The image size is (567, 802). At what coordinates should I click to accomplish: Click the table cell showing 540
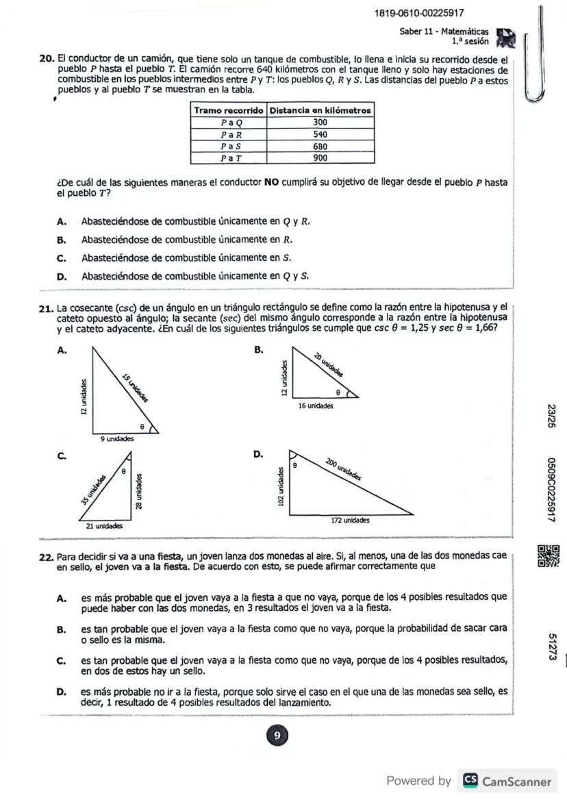(320, 134)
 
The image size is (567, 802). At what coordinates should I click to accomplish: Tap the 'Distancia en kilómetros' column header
(320, 110)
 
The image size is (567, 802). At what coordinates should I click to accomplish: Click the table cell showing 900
(320, 158)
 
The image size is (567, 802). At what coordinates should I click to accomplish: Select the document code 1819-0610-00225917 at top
(419, 14)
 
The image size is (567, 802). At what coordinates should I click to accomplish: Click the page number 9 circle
(277, 736)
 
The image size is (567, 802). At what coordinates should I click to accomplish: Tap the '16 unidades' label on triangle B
(316, 406)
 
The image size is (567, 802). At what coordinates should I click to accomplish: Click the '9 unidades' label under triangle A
(117, 439)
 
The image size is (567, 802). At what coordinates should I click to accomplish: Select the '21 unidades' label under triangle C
(104, 526)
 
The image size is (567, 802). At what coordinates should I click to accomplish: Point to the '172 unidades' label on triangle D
(350, 521)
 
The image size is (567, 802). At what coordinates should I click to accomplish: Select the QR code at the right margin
(550, 555)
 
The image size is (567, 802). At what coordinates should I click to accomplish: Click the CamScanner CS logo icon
(470, 781)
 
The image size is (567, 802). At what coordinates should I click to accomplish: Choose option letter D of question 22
(62, 692)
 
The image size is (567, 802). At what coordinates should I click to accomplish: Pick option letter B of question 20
(62, 240)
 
